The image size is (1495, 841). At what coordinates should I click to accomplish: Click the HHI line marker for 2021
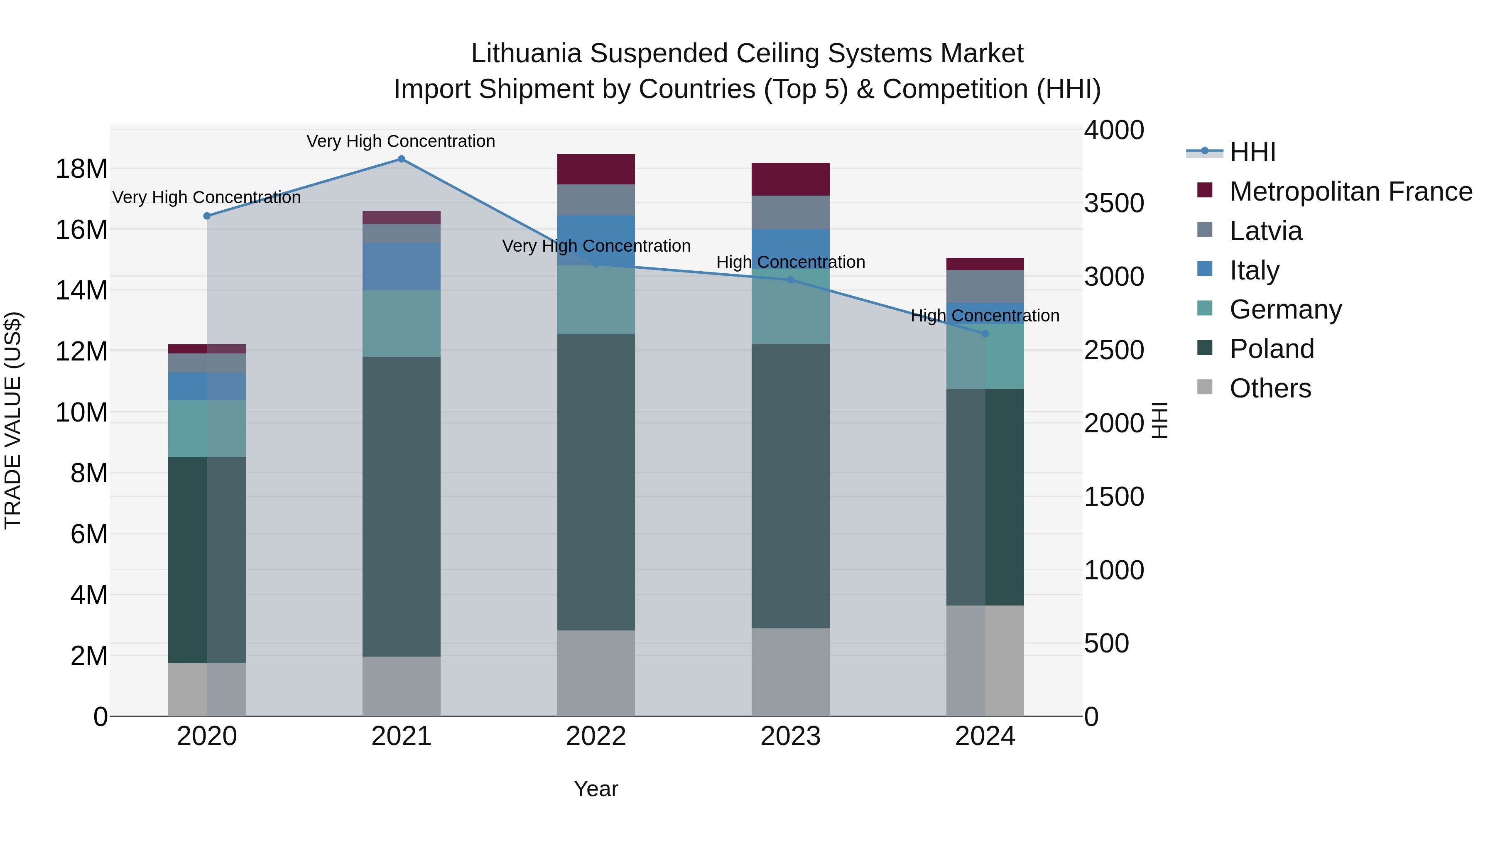[401, 159]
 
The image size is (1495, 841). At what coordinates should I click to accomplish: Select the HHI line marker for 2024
[985, 334]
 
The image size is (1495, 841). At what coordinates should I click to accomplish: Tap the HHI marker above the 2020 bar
[207, 216]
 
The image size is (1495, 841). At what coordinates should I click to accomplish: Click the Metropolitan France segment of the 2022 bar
[596, 169]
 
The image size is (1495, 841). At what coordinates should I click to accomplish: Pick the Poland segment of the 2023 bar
[790, 486]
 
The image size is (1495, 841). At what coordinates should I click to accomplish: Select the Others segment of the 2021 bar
[401, 686]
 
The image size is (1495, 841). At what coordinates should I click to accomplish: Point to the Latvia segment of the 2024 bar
[985, 286]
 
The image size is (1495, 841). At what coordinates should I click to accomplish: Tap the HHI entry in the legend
[1252, 152]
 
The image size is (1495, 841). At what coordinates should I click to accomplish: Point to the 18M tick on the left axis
[81, 169]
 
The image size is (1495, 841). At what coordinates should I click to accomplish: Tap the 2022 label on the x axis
[596, 736]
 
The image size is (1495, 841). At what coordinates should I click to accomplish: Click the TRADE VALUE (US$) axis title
[13, 420]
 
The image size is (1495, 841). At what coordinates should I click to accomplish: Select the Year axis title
[596, 789]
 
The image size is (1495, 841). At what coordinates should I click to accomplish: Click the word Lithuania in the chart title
[526, 54]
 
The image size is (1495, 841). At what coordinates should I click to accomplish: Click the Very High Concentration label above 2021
[401, 141]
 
